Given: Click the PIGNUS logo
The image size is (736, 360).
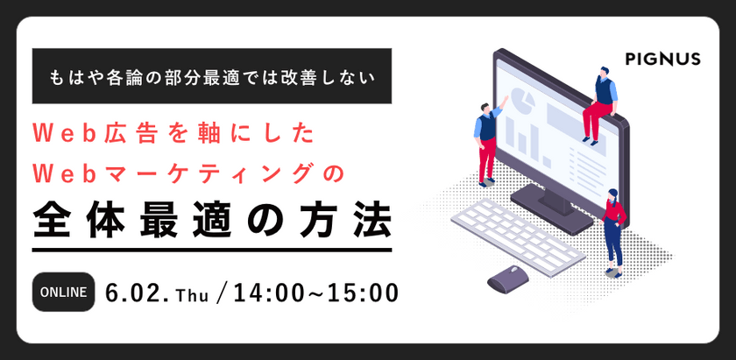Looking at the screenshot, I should coord(663,59).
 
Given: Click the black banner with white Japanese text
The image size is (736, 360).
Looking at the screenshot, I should coord(209,76).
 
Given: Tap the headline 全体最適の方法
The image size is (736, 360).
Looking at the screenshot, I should coord(209,219).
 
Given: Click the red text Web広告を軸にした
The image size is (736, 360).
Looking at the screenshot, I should coord(166,134).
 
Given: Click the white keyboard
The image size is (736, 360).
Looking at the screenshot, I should coord(523,235).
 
